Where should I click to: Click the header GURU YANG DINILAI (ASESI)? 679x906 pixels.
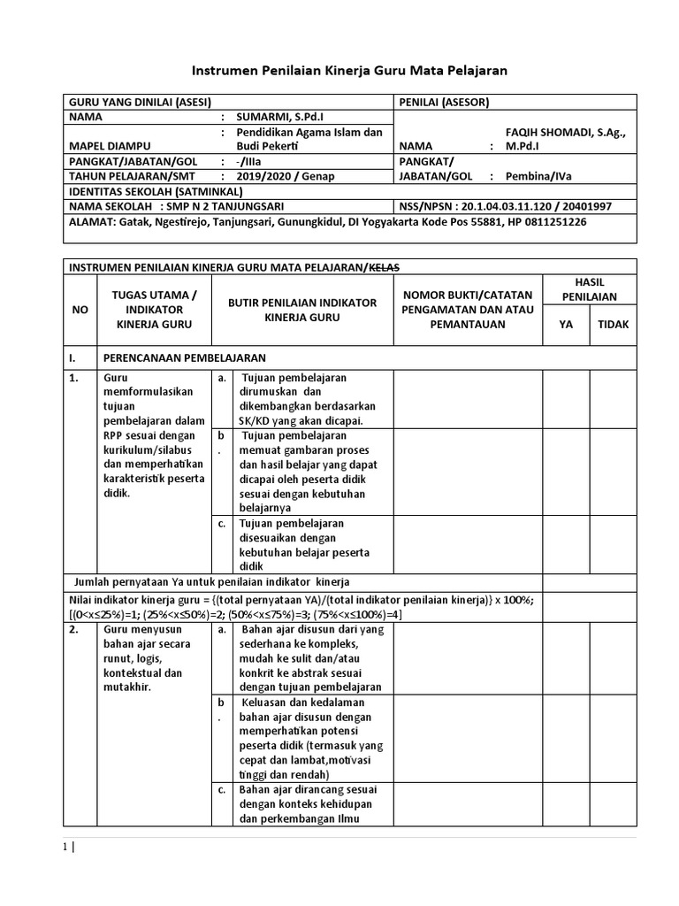pyautogui.click(x=139, y=101)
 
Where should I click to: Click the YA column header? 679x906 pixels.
pyautogui.click(x=566, y=324)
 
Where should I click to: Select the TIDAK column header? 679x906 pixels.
pyautogui.click(x=613, y=324)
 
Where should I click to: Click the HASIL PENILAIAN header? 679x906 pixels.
pyautogui.click(x=589, y=288)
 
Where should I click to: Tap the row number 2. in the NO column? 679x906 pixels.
pyautogui.click(x=76, y=630)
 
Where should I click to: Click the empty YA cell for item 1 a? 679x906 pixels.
pyautogui.click(x=566, y=399)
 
